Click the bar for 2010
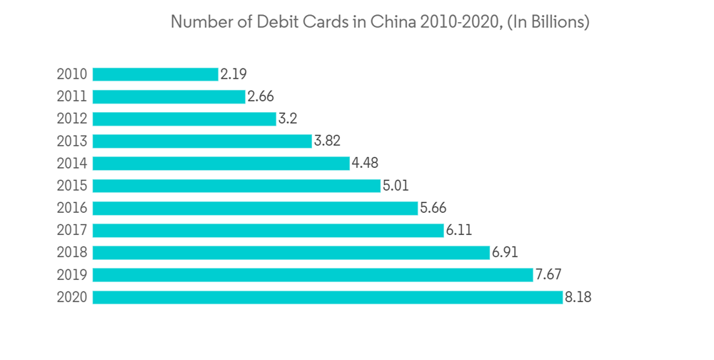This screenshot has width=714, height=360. pyautogui.click(x=155, y=74)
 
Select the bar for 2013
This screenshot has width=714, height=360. pyautogui.click(x=202, y=141)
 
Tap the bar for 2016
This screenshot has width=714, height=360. pyautogui.click(x=255, y=208)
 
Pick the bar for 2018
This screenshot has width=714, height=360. pyautogui.click(x=291, y=252)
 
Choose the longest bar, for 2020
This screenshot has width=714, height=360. pyautogui.click(x=328, y=297)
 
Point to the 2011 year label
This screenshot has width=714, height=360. pyautogui.click(x=71, y=96)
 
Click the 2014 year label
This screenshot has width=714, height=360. pyautogui.click(x=71, y=164)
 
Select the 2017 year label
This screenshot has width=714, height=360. pyautogui.click(x=71, y=230)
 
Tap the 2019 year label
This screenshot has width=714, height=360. pyautogui.click(x=71, y=275)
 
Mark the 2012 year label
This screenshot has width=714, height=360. pyautogui.click(x=71, y=119)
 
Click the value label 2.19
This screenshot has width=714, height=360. pyautogui.click(x=233, y=74)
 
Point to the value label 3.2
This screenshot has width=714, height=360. pyautogui.click(x=288, y=119)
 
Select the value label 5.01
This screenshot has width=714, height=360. pyautogui.click(x=396, y=186)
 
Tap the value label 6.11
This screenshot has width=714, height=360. pyautogui.click(x=459, y=230)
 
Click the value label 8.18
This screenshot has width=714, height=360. pyautogui.click(x=578, y=297)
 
